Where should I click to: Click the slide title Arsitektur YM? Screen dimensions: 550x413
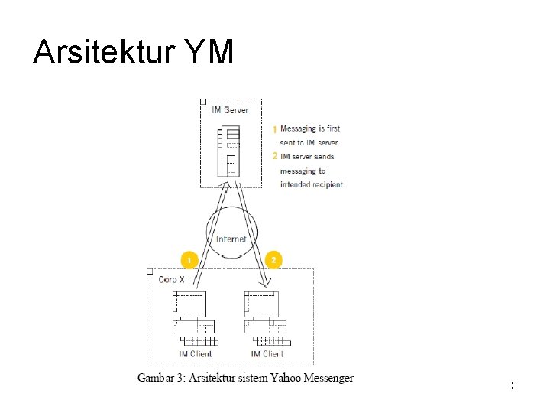[133, 53]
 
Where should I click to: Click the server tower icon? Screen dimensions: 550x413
[228, 151]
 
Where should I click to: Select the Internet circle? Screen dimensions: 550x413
[231, 237]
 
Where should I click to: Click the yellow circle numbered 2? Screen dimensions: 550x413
[273, 259]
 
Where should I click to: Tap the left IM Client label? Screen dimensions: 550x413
[195, 354]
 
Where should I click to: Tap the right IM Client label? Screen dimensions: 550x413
[267, 354]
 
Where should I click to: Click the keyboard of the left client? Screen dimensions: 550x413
[198, 341]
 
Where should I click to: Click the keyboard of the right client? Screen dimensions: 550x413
[270, 341]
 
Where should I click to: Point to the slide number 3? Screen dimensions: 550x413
[514, 386]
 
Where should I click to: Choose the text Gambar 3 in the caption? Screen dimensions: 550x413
[162, 378]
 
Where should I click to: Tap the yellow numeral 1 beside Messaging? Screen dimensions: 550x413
[274, 130]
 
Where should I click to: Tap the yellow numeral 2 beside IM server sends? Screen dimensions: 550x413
[275, 156]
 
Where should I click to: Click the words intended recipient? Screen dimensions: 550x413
[311, 184]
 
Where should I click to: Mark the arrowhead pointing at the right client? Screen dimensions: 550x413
[264, 288]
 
